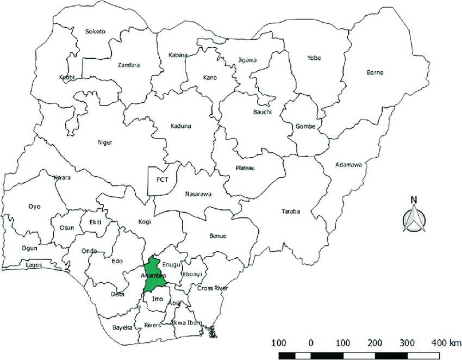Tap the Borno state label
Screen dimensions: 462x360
375,72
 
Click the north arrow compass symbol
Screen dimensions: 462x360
414,218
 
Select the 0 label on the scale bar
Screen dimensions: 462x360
311,343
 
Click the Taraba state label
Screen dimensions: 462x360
290,212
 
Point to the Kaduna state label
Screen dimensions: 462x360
180,126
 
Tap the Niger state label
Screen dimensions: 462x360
104,142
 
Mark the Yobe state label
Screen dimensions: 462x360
314,58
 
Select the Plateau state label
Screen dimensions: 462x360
245,168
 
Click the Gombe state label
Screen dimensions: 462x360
305,127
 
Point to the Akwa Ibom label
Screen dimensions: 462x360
186,322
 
